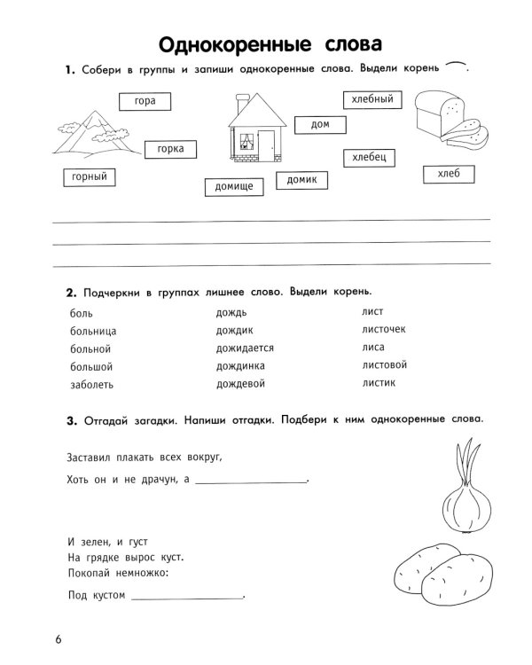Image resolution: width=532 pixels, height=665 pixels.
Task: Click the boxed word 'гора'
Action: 145,101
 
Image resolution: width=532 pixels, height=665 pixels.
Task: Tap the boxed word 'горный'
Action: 90,177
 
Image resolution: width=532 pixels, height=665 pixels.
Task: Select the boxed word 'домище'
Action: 234,187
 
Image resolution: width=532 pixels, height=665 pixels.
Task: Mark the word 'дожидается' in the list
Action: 245,348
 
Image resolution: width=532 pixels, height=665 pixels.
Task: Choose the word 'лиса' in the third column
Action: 373,347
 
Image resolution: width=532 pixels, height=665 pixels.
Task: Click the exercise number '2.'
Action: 71,291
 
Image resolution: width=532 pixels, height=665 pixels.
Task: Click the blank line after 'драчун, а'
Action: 250,482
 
